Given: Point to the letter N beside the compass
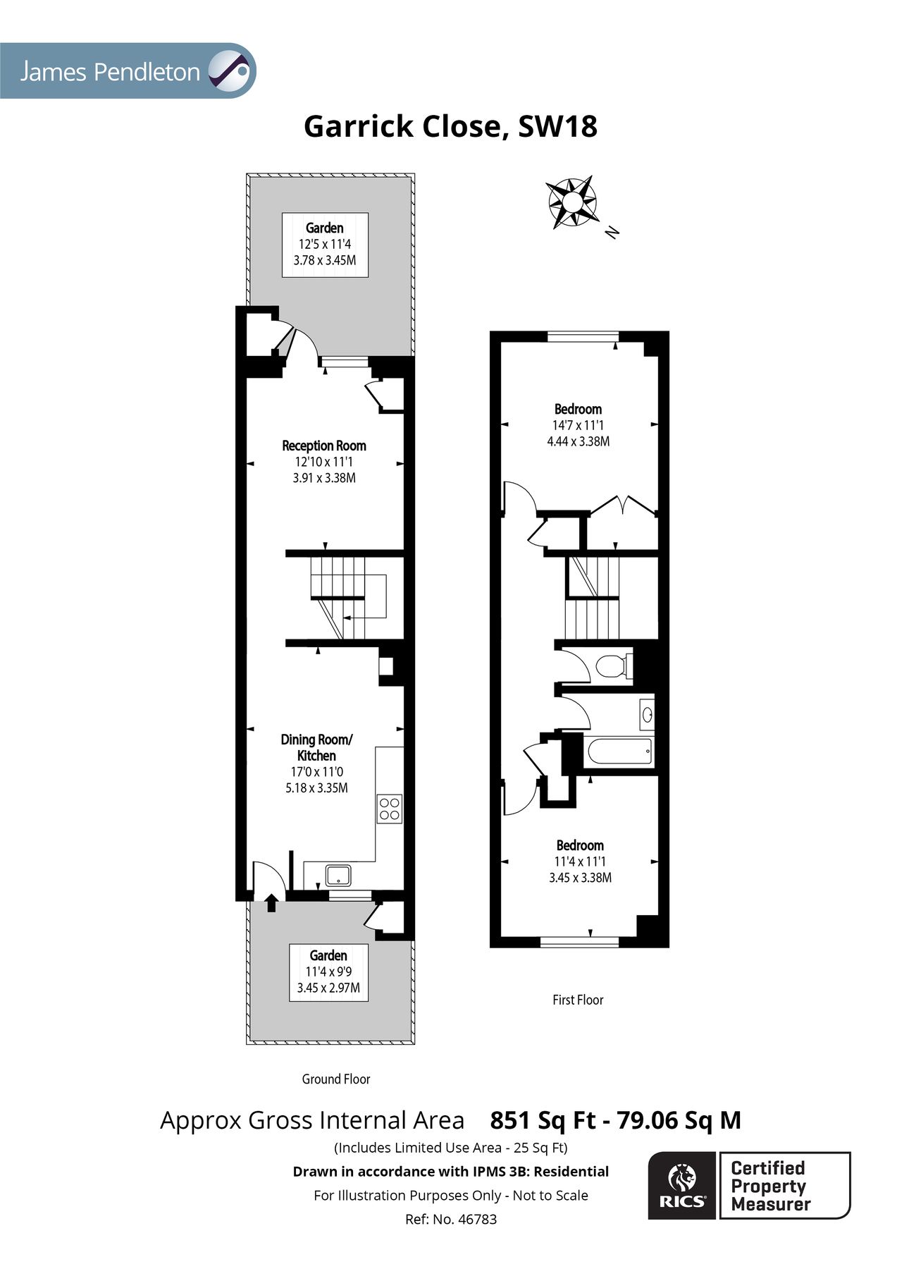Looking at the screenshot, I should pyautogui.click(x=612, y=231).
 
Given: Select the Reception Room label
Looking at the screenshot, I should pyautogui.click(x=323, y=446).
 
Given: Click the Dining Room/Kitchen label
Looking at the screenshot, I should pyautogui.click(x=316, y=747).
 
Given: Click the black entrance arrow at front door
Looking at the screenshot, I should pyautogui.click(x=271, y=902).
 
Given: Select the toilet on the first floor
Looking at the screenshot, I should pyautogui.click(x=610, y=665).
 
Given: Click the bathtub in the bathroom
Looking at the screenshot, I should pyautogui.click(x=619, y=752).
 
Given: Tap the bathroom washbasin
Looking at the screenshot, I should pyautogui.click(x=646, y=715).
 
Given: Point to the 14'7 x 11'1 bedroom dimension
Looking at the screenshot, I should pyautogui.click(x=578, y=425).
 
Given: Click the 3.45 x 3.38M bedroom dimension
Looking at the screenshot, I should pyautogui.click(x=580, y=878).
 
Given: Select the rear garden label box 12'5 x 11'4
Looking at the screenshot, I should pyautogui.click(x=324, y=244).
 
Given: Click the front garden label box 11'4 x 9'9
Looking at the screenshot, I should pyautogui.click(x=328, y=971).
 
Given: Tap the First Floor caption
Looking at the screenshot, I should pyautogui.click(x=578, y=1000).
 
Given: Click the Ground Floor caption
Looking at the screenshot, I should pyautogui.click(x=335, y=1079).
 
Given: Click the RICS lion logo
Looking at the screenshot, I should pyautogui.click(x=681, y=1185).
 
